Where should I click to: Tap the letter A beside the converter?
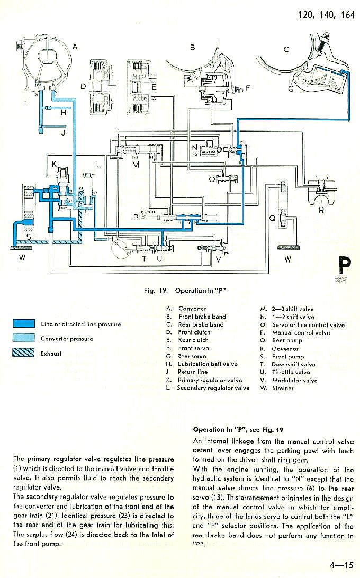(x=75, y=47)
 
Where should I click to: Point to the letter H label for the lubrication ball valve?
(x=64, y=112)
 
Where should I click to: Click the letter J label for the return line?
(x=63, y=133)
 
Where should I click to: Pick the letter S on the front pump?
(x=28, y=236)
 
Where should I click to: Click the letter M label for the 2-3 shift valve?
(x=136, y=165)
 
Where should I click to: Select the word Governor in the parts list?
(x=286, y=349)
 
